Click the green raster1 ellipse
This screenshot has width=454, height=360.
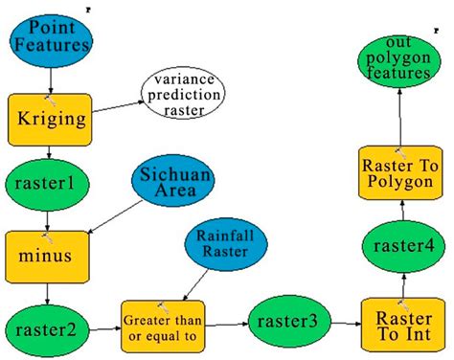coord(47,179)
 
